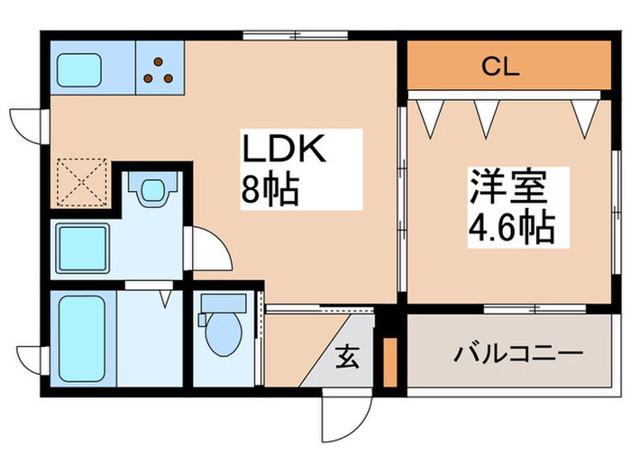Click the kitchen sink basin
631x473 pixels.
pos(81,68)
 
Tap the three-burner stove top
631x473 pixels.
pos(160,69)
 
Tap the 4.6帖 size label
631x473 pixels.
pos(511,229)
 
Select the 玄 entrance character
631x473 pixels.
pos(348,359)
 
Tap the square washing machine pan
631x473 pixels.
pos(82,246)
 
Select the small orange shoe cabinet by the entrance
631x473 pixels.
pos(390,362)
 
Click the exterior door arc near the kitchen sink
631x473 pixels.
pos(27,123)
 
